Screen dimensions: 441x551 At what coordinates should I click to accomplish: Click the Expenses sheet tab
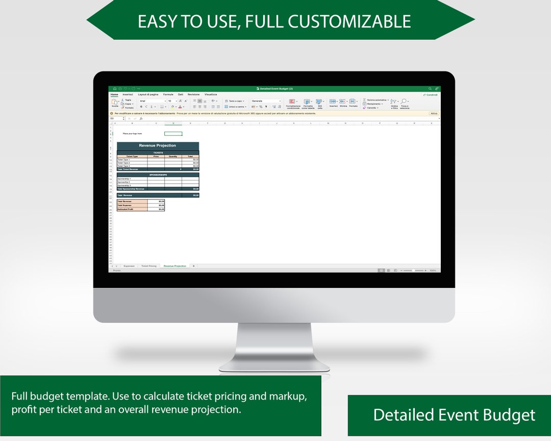coord(129,266)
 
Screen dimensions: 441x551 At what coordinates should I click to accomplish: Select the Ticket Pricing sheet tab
coord(149,266)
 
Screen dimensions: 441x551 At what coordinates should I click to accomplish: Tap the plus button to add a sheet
coord(194,266)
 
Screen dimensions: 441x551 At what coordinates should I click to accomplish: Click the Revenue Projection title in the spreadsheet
coord(158,146)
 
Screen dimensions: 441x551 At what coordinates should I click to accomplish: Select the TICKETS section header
coord(158,153)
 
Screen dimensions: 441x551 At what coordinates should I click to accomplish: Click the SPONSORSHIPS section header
coord(158,175)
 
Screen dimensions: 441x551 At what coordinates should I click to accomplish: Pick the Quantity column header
coord(173,156)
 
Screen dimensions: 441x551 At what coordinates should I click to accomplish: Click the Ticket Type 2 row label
coord(123,163)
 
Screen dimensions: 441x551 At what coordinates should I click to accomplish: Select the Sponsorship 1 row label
coord(124,179)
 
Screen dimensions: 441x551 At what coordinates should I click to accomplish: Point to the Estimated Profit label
coord(126,209)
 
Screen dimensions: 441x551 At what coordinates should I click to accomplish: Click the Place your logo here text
coord(132,134)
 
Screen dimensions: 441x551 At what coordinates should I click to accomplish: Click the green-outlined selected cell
coord(173,134)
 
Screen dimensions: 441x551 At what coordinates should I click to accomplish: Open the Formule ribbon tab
coord(168,94)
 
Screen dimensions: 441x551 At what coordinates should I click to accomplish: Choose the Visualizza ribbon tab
coord(211,94)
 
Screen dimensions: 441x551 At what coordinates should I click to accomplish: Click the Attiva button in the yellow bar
coord(434,113)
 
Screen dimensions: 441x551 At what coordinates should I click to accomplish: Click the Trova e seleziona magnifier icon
coord(404,102)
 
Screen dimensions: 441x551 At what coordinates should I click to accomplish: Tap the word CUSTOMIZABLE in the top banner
coord(349,21)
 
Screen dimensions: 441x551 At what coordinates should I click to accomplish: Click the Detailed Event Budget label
coord(454,415)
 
